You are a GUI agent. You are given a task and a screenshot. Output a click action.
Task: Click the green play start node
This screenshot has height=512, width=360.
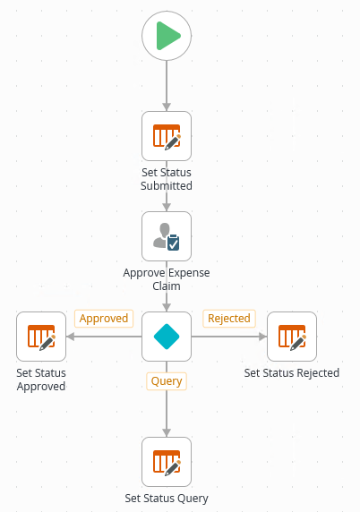pyautogui.click(x=167, y=37)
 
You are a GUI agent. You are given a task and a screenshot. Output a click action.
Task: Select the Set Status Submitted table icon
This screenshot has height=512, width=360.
pyautogui.click(x=167, y=136)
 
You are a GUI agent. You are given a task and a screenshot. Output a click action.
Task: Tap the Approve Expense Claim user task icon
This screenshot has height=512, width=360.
pyautogui.click(x=167, y=236)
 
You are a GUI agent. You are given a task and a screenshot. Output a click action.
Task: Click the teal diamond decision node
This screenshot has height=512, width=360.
pyautogui.click(x=167, y=337)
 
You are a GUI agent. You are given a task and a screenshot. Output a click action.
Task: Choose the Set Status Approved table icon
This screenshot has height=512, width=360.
pyautogui.click(x=41, y=337)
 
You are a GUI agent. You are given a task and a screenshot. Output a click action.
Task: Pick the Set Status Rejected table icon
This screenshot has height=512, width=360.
pyautogui.click(x=292, y=337)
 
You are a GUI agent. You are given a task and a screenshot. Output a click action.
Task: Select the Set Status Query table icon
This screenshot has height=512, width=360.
pyautogui.click(x=167, y=462)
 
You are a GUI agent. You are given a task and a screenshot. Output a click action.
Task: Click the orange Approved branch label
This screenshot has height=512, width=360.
pyautogui.click(x=104, y=319)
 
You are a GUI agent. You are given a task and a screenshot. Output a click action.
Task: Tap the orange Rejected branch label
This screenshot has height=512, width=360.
pyautogui.click(x=228, y=319)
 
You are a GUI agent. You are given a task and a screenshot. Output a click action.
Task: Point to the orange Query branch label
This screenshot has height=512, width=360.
pyautogui.click(x=167, y=381)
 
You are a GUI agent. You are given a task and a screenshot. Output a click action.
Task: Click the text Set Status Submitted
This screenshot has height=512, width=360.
pyautogui.click(x=167, y=179)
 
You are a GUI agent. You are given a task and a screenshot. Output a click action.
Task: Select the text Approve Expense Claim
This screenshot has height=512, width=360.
pyautogui.click(x=167, y=279)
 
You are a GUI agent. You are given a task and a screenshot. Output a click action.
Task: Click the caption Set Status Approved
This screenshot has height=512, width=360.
pyautogui.click(x=41, y=380)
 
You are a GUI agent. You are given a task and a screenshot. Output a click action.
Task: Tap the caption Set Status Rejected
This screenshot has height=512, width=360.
pyautogui.click(x=292, y=372)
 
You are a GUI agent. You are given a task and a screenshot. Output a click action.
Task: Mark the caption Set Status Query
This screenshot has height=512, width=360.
pyautogui.click(x=167, y=499)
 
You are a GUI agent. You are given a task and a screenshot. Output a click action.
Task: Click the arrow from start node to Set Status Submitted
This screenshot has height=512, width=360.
pyautogui.click(x=167, y=85)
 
